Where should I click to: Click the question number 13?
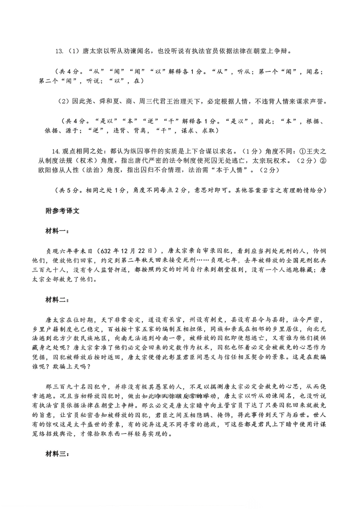point(59,51)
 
